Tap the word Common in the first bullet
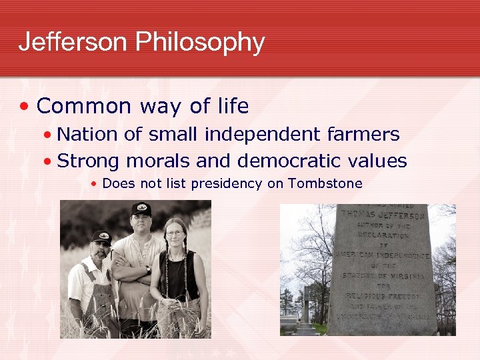(84, 106)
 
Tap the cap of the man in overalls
(101, 236)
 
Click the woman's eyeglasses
(175, 233)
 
